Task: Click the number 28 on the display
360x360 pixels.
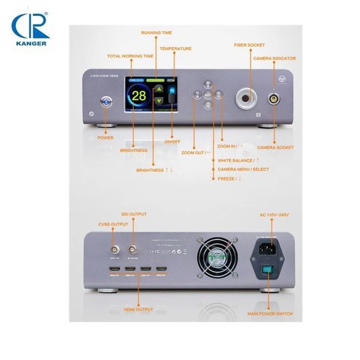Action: (139, 96)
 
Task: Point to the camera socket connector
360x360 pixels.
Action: (274, 99)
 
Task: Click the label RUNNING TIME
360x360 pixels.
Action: (156, 33)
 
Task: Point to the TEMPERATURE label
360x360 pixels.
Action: (175, 49)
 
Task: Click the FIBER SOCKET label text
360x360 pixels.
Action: (249, 45)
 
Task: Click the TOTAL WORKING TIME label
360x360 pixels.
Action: (130, 56)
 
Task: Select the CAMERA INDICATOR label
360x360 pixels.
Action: (275, 59)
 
